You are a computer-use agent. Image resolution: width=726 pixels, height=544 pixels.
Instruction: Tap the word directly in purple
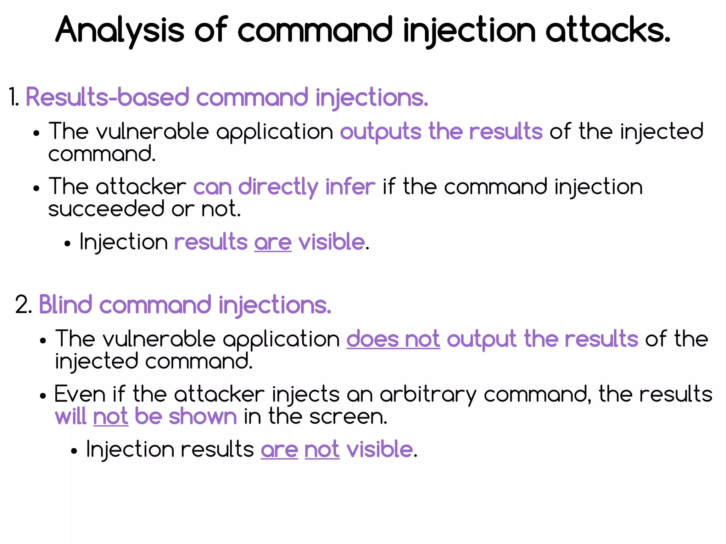(278, 187)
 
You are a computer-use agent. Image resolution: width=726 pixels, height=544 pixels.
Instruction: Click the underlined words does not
(393, 339)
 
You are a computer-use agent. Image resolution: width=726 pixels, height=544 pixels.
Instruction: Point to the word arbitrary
(428, 394)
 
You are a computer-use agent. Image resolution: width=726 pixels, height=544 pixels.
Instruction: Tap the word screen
(348, 416)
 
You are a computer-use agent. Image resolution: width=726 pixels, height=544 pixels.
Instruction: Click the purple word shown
(203, 416)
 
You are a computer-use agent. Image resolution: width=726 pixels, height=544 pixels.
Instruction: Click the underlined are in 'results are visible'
(273, 243)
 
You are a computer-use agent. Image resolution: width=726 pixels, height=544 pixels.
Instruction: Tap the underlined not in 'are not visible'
(322, 450)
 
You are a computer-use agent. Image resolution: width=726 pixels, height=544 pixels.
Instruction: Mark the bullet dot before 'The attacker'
(36, 189)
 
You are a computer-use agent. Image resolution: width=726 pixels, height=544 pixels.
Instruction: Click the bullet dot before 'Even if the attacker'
(43, 396)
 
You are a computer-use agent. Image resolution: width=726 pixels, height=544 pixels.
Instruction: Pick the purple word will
(71, 416)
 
